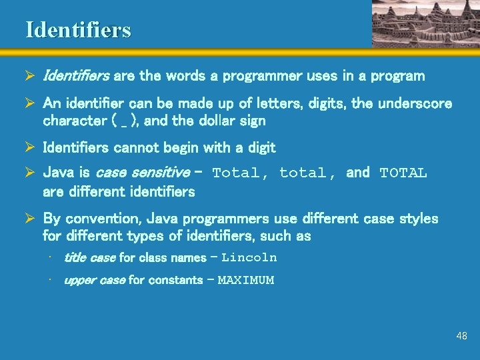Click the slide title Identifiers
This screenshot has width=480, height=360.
click(78, 30)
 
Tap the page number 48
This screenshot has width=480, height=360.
click(461, 336)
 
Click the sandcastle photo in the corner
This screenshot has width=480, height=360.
click(424, 23)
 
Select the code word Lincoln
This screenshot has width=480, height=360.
click(249, 257)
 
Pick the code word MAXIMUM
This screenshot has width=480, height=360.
click(245, 280)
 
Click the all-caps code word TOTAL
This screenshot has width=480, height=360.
click(403, 173)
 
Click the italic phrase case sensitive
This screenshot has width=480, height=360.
click(143, 173)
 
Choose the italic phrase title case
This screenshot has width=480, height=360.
click(89, 257)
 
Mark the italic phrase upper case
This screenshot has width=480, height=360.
click(94, 280)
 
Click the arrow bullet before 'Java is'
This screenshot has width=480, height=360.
click(30, 173)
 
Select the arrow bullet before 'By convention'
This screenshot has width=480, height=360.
click(30, 219)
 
